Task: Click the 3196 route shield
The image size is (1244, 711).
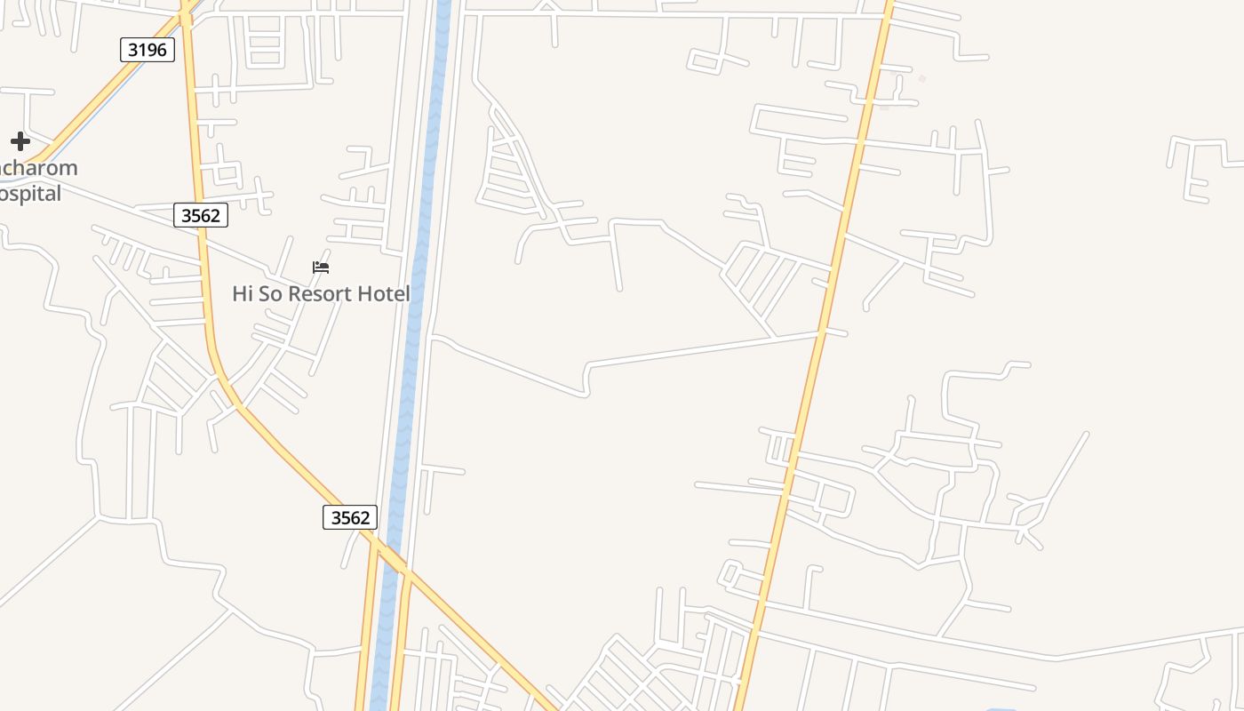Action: [148, 50]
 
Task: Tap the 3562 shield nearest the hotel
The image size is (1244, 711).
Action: [201, 215]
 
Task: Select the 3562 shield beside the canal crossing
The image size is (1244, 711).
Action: [350, 517]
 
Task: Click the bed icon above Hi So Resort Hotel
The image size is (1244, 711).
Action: [321, 267]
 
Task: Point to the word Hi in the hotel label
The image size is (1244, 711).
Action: [243, 294]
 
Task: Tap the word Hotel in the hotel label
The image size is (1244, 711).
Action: [387, 294]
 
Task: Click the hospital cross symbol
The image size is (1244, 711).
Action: [20, 141]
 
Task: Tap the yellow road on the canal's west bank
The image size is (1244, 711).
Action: [365, 640]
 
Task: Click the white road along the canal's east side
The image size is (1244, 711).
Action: [443, 222]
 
